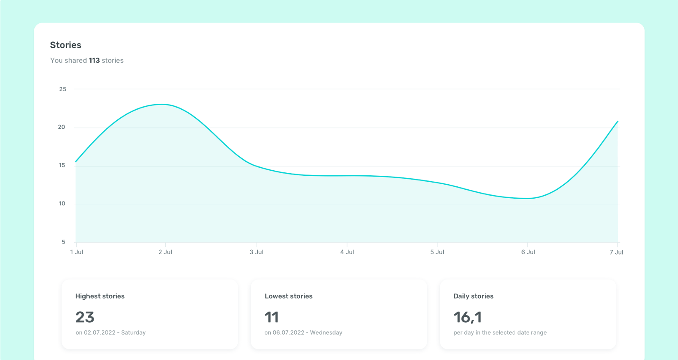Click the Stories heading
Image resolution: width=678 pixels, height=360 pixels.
66,45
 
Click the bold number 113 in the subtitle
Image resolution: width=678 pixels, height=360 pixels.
94,61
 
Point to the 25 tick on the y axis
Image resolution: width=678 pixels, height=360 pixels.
63,89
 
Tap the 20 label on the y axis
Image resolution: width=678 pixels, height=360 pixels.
61,127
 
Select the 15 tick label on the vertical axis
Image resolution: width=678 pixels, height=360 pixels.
62,165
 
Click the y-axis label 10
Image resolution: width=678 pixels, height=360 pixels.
62,203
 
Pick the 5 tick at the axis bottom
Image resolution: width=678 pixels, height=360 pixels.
64,242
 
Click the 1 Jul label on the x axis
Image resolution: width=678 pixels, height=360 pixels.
77,252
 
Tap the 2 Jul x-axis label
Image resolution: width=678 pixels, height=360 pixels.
165,252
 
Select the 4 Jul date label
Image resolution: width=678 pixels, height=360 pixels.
347,252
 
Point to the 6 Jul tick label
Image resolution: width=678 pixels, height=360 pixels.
528,252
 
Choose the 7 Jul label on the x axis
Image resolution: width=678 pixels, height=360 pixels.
616,252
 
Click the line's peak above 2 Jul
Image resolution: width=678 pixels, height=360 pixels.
162,104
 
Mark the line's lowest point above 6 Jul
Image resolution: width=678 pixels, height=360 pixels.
527,198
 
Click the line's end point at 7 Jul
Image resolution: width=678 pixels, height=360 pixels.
617,122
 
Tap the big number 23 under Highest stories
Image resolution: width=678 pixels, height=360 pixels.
85,317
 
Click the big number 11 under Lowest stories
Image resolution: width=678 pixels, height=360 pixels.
272,317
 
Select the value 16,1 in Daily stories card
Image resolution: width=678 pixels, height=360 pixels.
467,317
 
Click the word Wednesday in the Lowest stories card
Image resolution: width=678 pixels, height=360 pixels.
326,332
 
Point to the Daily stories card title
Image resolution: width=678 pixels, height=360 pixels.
473,296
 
